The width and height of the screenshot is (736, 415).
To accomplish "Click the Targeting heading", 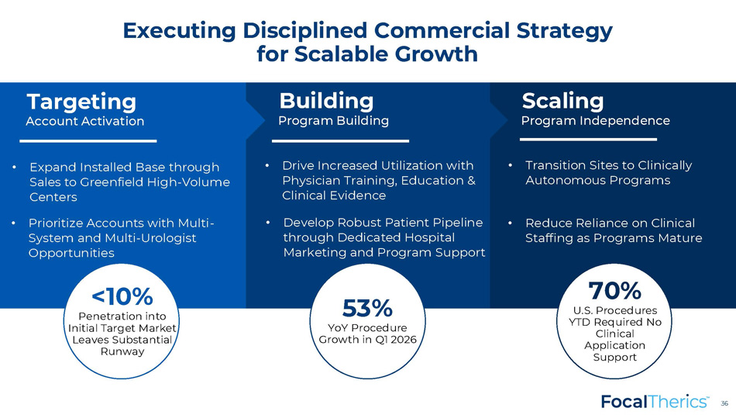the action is (81, 102).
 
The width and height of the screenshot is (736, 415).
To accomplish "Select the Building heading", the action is (326, 101).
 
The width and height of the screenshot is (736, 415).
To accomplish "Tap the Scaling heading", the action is (562, 102).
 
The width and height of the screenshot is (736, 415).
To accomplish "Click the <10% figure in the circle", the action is (122, 296).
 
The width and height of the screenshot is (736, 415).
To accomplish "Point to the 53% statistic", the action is (367, 309).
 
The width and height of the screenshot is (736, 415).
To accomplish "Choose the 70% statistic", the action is (614, 290).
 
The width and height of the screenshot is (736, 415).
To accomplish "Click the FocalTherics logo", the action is (655, 402).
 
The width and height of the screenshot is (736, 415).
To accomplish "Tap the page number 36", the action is (724, 403).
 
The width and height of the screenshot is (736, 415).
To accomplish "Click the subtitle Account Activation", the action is (85, 121).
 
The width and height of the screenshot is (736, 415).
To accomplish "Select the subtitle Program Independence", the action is (596, 121).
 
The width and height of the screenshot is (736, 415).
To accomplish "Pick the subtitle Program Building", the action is (334, 121).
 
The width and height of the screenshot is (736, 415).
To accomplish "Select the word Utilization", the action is (410, 165).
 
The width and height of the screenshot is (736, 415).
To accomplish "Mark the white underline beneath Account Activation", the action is (88, 140).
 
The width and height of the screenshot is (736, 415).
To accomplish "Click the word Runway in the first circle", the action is (122, 351).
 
